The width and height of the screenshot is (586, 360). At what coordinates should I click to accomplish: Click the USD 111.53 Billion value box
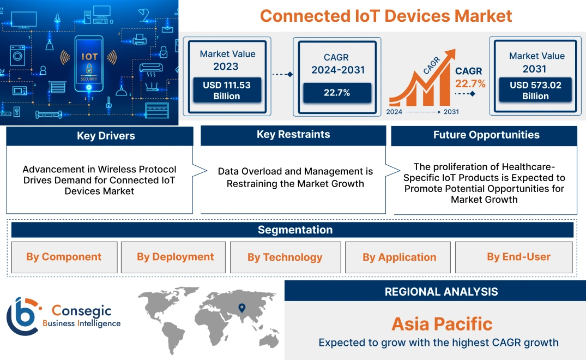point(227,90)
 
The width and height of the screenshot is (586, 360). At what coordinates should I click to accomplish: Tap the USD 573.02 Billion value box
point(535,91)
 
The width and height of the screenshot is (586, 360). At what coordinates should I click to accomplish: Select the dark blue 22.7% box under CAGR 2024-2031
point(337,93)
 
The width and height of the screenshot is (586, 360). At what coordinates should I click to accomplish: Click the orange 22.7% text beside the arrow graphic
point(470,83)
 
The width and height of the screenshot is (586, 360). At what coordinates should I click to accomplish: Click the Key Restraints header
point(293,135)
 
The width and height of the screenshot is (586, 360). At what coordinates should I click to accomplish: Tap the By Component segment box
point(64,257)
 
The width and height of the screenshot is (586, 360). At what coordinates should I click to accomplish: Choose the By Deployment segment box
point(175,257)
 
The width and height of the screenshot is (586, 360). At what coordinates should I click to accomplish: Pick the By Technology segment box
point(285,257)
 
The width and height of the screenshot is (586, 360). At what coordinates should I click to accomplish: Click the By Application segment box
point(399,257)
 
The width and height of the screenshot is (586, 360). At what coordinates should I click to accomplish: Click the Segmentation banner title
point(295,230)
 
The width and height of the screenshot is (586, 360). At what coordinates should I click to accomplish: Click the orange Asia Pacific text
point(442,324)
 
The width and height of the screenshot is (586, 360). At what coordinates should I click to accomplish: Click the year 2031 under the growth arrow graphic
point(451,112)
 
